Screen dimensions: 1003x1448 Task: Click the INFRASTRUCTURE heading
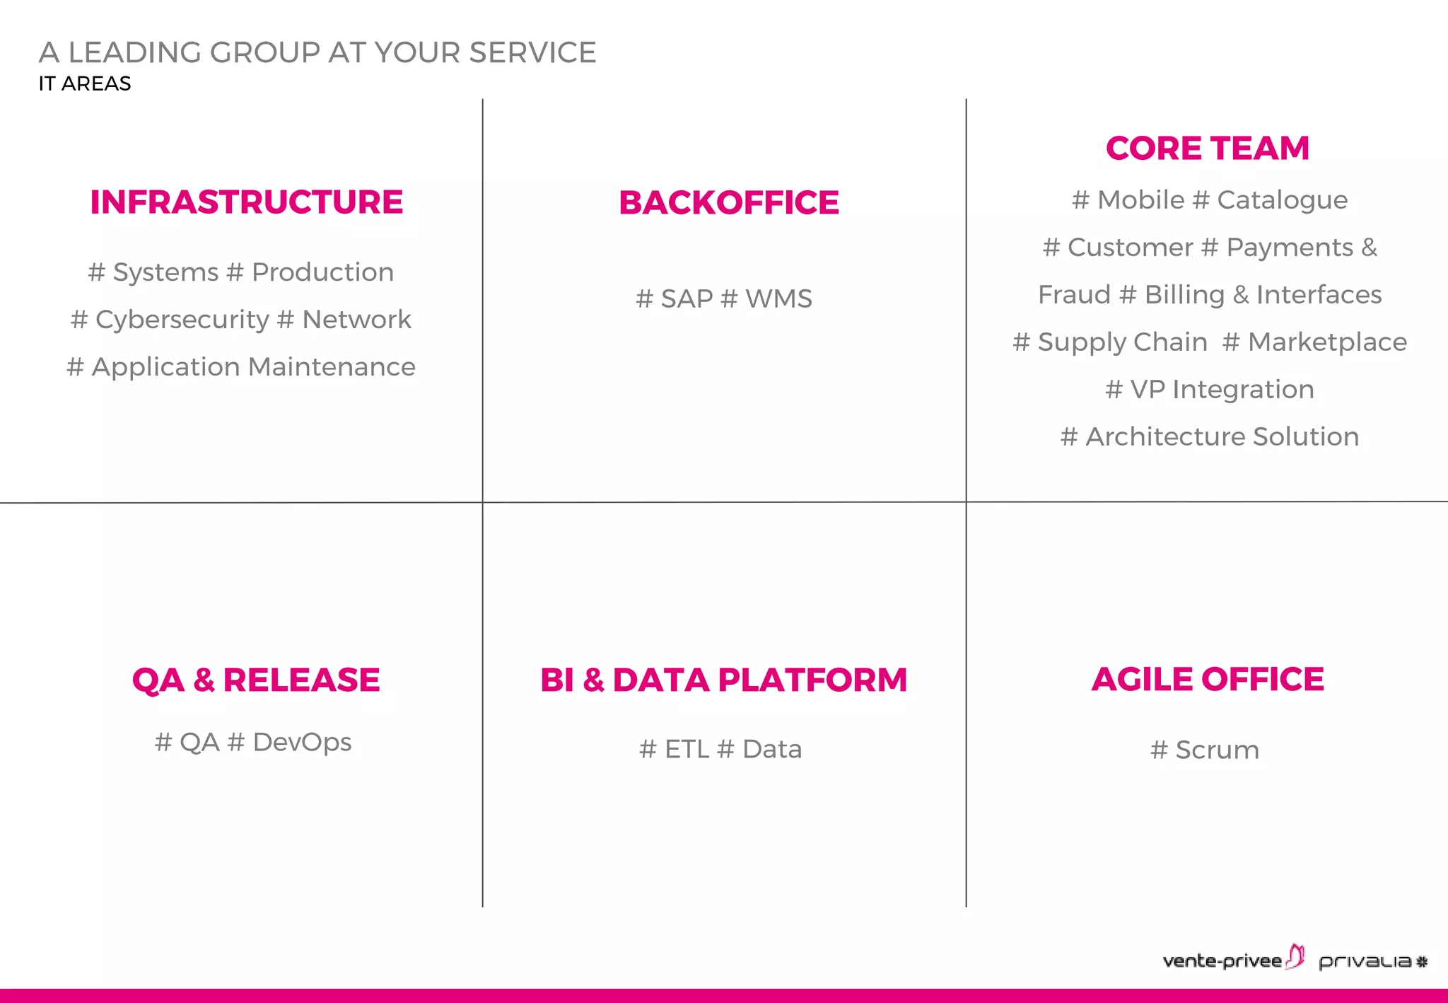coord(246,202)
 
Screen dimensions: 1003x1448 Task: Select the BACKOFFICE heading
coord(728,203)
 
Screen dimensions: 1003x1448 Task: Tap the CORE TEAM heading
coord(1207,149)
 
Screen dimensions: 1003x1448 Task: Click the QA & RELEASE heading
coord(255,680)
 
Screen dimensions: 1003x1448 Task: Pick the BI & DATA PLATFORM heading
coord(723,680)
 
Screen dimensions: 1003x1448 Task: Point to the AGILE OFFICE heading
coord(1207,679)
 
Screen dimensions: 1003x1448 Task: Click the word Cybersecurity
coord(182,320)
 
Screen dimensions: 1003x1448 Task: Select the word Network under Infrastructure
coord(356,320)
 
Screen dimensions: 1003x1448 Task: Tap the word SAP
coord(687,299)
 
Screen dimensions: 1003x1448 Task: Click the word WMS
coord(778,299)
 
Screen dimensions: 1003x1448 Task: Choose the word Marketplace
coord(1327,342)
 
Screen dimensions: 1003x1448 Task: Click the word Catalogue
coord(1282,200)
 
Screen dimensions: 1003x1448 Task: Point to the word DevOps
coord(302,742)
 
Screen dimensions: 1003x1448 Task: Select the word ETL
coord(687,749)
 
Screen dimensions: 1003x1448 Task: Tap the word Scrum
coord(1217,750)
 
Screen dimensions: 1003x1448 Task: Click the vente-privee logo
coord(1232,959)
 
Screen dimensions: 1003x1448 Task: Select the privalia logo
coord(1372,961)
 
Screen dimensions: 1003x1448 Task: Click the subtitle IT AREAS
coord(85,83)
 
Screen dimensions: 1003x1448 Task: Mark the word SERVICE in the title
coord(532,53)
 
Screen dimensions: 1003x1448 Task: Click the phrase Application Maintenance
coord(253,367)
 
